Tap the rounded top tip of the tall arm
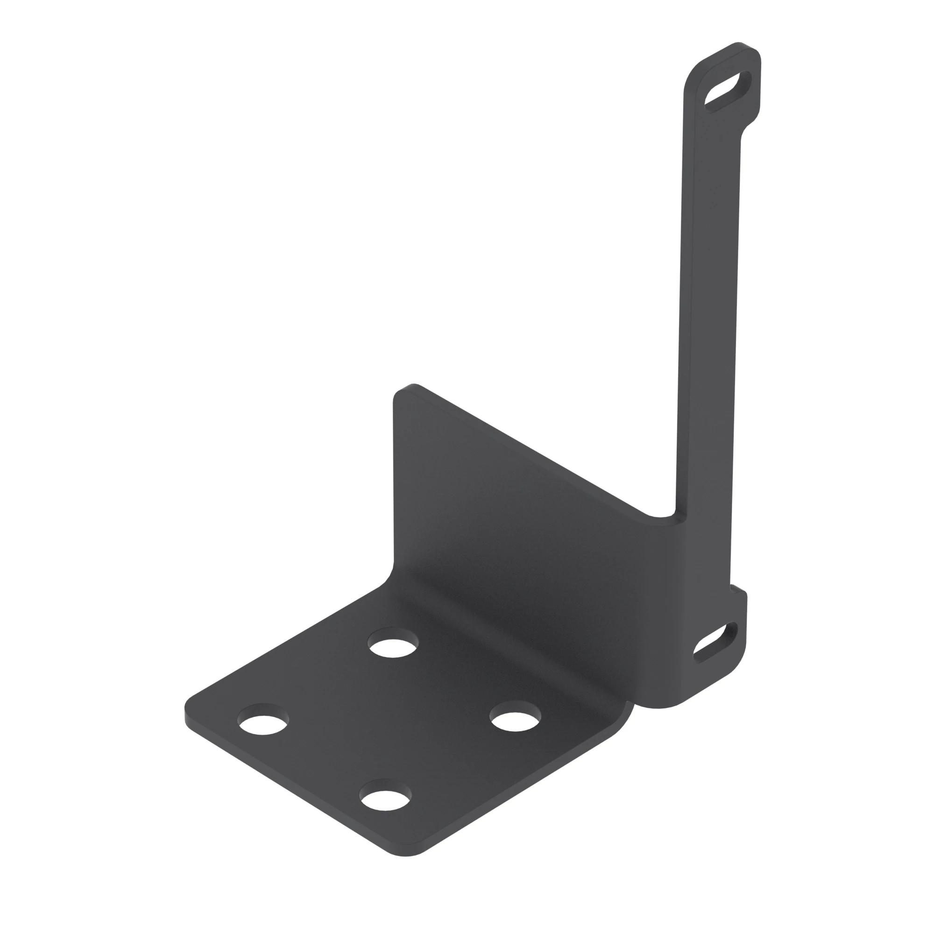coord(740,46)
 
